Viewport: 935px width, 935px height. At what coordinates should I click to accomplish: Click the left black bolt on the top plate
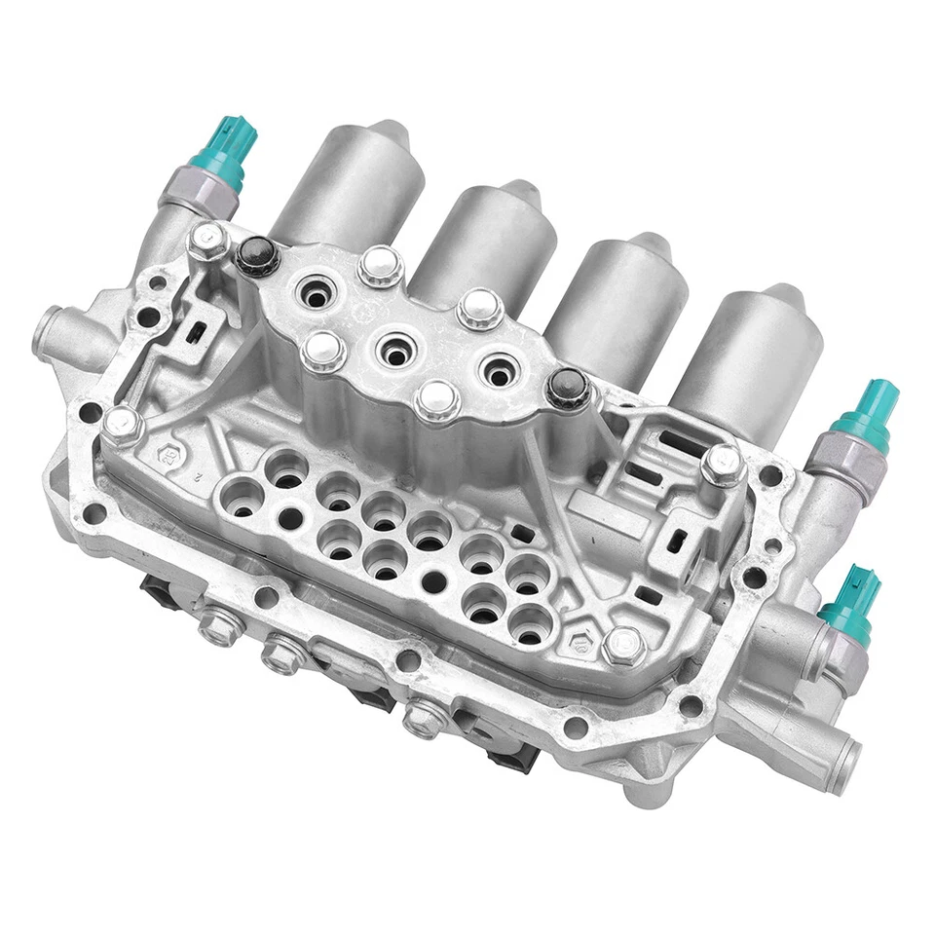click(256, 254)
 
